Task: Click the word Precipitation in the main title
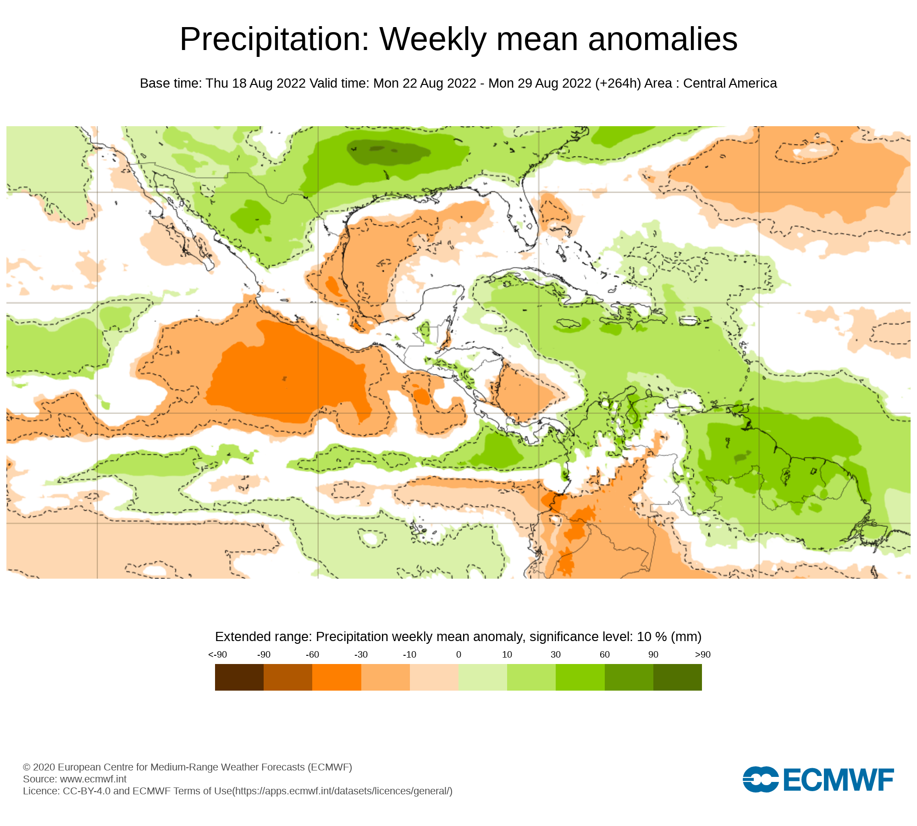click(274, 39)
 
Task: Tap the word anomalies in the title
click(663, 39)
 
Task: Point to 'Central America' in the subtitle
click(730, 84)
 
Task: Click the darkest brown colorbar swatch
click(239, 677)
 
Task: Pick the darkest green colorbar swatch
click(677, 677)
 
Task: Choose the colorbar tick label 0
click(458, 655)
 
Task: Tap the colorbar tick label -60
click(312, 655)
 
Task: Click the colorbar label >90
click(702, 655)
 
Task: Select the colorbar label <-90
click(217, 655)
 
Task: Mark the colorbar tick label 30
click(556, 655)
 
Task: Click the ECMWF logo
click(818, 779)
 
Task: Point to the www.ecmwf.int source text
click(93, 779)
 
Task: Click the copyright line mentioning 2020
click(187, 767)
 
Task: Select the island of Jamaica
click(568, 324)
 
